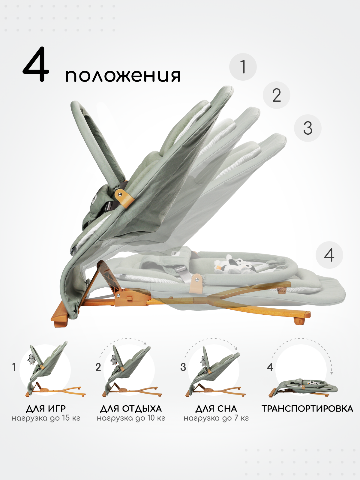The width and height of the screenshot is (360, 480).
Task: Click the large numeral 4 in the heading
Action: [36, 64]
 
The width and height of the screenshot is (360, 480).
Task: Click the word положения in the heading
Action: [123, 76]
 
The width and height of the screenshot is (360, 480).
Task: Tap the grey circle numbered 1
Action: [243, 67]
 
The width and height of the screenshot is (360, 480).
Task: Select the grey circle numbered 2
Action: [277, 95]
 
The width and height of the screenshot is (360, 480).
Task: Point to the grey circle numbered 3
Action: [308, 128]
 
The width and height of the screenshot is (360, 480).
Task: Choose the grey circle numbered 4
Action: [329, 255]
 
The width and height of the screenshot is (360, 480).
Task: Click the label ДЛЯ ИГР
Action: [46, 409]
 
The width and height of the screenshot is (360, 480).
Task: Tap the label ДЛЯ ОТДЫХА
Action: [131, 409]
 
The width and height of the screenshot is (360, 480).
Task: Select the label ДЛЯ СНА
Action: [216, 409]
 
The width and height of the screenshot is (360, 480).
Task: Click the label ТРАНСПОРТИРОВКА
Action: [307, 409]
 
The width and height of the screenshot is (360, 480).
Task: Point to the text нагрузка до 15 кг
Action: [46, 418]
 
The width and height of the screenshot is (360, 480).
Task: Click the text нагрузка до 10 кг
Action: [131, 418]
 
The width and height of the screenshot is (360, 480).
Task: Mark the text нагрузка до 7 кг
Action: [216, 418]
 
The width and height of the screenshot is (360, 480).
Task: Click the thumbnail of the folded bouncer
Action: [303, 387]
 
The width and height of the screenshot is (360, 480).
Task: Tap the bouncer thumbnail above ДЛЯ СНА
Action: [214, 372]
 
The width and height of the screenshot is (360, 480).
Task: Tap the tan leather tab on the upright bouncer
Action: [125, 196]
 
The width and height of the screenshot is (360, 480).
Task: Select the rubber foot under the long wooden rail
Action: [298, 321]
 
